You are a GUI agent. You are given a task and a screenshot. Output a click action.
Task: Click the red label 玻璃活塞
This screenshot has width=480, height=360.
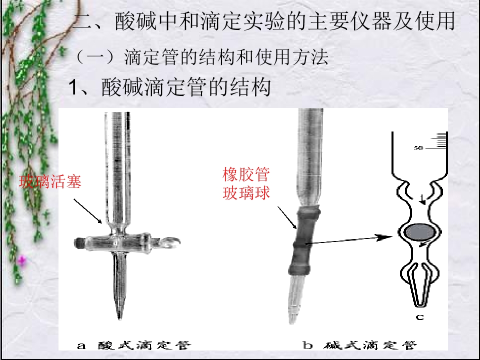(x=50, y=181)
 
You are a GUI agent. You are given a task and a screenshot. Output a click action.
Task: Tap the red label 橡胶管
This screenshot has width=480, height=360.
(x=246, y=174)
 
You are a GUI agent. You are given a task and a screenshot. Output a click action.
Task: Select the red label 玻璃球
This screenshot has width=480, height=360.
(x=246, y=193)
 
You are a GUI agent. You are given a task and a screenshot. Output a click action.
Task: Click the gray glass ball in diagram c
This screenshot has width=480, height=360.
(x=420, y=232)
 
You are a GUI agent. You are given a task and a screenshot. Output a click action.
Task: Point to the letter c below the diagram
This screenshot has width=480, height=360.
(x=419, y=317)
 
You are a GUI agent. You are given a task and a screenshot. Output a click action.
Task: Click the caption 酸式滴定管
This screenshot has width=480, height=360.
(x=144, y=345)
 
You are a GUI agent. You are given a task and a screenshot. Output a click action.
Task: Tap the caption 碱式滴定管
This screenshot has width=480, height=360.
(x=370, y=345)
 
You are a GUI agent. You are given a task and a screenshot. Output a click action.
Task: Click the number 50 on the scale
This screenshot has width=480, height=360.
(x=418, y=148)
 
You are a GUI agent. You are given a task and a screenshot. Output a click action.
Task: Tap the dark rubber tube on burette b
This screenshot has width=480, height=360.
(x=304, y=240)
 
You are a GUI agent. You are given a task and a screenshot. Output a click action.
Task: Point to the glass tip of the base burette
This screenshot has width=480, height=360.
(x=296, y=298)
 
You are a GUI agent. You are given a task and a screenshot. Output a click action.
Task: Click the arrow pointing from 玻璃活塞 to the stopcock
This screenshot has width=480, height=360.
(x=87, y=211)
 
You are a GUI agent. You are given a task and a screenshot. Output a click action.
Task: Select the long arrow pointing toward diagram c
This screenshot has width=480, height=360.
(x=348, y=240)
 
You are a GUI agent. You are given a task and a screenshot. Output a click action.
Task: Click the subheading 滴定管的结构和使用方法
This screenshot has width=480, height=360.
(x=226, y=57)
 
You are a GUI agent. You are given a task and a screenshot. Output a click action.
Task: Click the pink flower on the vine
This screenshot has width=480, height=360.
(x=21, y=260)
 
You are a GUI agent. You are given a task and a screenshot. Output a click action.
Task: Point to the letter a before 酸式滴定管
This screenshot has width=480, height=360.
(x=81, y=346)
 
